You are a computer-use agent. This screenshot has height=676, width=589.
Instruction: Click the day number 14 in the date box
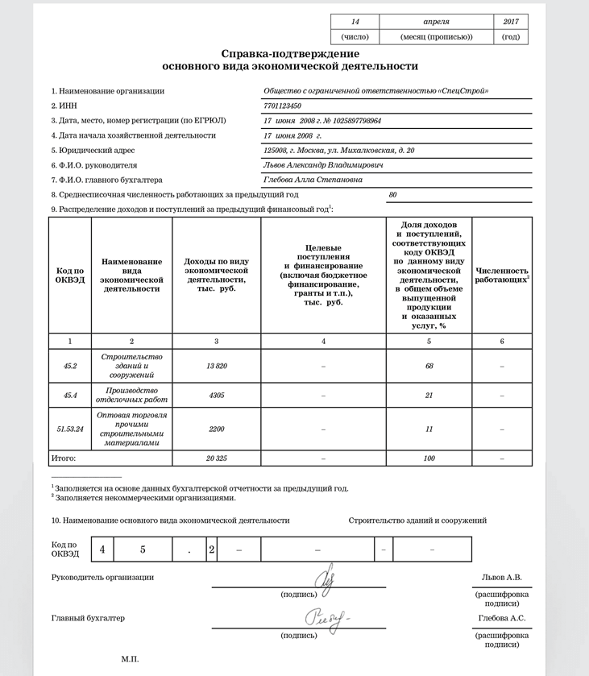point(354,22)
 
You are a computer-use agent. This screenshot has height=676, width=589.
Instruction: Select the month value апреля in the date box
point(436,22)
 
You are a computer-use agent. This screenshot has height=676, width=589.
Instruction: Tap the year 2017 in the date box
point(511,22)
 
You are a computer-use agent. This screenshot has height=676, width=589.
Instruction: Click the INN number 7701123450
point(282,106)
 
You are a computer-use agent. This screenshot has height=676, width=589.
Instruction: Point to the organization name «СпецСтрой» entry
point(375,91)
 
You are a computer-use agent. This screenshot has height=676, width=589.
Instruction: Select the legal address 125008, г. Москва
point(333,150)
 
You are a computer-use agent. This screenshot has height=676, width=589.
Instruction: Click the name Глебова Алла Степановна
point(313,180)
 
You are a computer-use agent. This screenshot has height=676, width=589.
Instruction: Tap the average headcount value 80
point(393,195)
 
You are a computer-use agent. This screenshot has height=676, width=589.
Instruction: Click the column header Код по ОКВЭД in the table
point(69,275)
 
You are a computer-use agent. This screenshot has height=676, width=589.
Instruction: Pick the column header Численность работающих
point(501,276)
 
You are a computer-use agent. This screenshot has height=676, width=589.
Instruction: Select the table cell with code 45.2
point(69,366)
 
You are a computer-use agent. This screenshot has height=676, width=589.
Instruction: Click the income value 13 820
point(216,366)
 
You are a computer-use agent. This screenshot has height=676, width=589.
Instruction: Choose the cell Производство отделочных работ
point(131,396)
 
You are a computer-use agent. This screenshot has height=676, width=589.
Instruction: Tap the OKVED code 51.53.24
point(69,429)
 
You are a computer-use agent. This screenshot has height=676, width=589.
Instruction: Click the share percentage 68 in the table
point(429,366)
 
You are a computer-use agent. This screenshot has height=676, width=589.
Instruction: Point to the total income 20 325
point(216,458)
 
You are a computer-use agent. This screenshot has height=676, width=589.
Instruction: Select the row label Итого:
point(64,458)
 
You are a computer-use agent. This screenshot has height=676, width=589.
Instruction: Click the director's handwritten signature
point(323,579)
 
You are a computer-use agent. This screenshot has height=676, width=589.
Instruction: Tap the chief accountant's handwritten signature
point(326,618)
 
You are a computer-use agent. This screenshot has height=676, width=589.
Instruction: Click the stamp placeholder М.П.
point(131,659)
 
